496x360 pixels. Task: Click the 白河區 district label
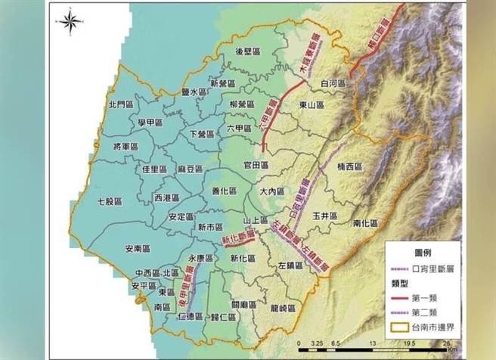click(333, 83)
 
